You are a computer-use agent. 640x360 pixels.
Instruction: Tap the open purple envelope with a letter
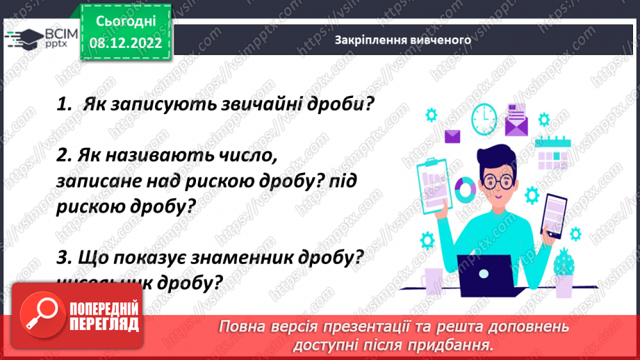coord(516,120)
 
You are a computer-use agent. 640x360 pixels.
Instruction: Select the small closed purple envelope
coord(452,136)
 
